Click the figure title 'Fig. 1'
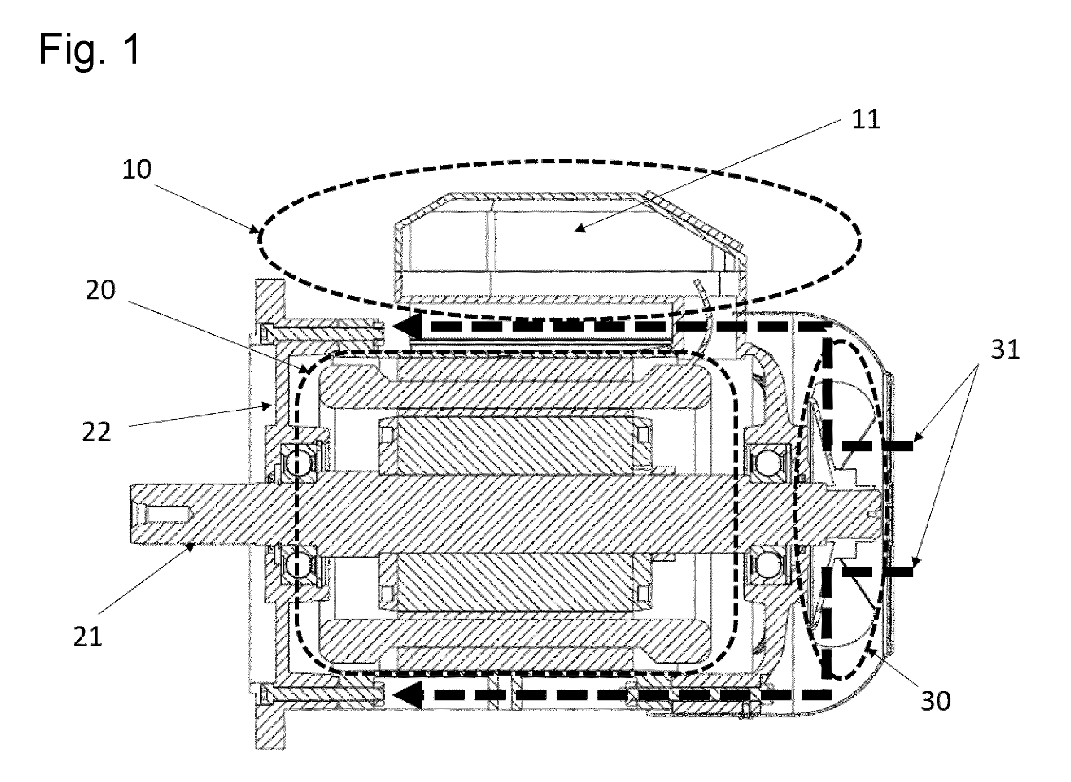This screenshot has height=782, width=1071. (x=90, y=49)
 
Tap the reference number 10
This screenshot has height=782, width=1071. (x=137, y=169)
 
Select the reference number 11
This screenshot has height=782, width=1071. (x=866, y=120)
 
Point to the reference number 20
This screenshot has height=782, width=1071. (x=100, y=291)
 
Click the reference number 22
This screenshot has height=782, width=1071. (x=97, y=432)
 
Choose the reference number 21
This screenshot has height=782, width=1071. (x=88, y=637)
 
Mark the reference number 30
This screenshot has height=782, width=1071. (x=935, y=701)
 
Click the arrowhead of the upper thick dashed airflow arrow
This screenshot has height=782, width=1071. (x=408, y=327)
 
